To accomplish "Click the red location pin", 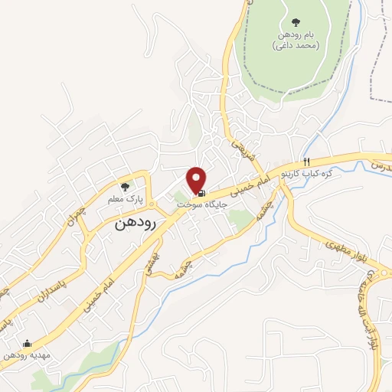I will [x=197, y=179].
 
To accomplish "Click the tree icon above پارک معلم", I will [x=126, y=185].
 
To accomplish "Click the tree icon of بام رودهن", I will [x=296, y=22].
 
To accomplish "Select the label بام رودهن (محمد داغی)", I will [x=295, y=41].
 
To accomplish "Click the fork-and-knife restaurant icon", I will [x=306, y=162].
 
